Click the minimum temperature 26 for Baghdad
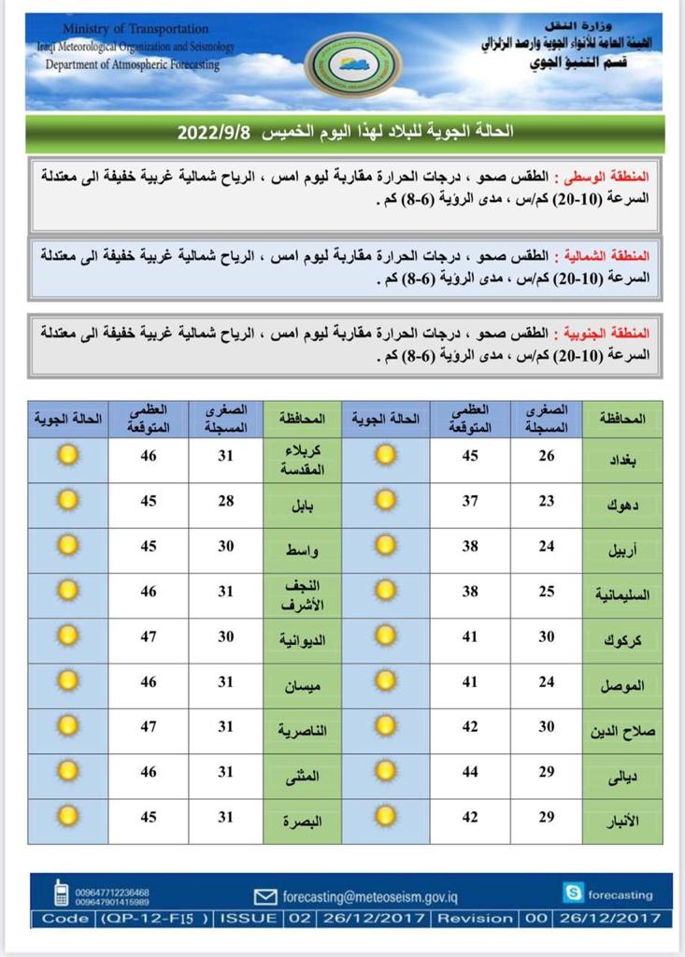(546, 456)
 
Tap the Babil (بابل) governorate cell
(303, 505)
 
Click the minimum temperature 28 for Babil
(225, 502)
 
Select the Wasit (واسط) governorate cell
(303, 550)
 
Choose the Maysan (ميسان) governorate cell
(303, 685)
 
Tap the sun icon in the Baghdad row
(385, 455)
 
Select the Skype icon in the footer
(573, 893)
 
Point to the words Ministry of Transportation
(136, 30)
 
